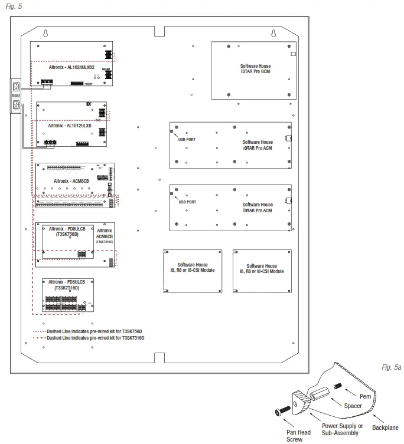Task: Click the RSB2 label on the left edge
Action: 16,95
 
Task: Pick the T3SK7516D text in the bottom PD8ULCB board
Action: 67,288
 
